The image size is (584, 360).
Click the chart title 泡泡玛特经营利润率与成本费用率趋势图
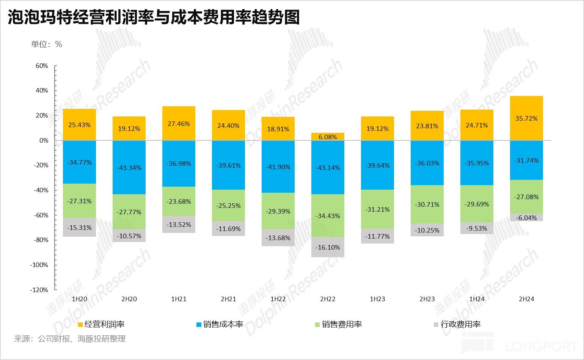(x=154, y=17)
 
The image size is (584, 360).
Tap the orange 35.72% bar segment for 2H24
(x=526, y=118)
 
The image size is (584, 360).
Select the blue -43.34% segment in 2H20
(x=129, y=167)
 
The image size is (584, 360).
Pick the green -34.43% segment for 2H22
(x=328, y=215)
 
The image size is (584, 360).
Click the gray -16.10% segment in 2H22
(x=328, y=247)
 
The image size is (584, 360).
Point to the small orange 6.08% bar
(x=328, y=137)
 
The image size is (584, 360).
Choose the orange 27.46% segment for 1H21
(x=179, y=123)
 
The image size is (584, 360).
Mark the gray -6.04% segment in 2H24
(x=526, y=217)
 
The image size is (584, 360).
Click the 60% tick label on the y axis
(x=42, y=66)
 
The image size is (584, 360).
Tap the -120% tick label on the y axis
(x=39, y=290)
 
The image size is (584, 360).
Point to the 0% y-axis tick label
(x=44, y=140)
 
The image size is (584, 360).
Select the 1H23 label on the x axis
(x=377, y=299)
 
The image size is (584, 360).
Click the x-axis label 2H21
(x=228, y=299)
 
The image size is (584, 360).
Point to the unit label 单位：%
(x=46, y=44)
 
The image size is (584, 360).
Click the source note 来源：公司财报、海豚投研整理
(x=70, y=339)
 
